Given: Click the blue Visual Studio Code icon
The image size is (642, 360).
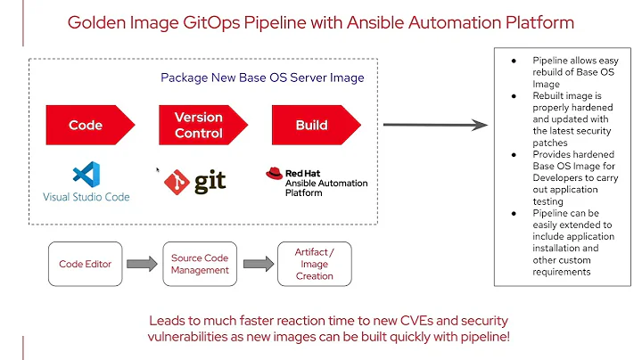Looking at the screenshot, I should (x=86, y=174).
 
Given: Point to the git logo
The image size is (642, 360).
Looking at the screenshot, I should (x=195, y=181).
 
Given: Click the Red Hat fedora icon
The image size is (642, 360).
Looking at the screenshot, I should (x=274, y=174).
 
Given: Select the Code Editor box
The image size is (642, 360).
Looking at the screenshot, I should (x=84, y=264).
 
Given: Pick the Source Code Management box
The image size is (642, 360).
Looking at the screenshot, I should (x=200, y=264).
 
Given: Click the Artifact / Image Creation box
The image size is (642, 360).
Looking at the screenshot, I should (x=314, y=264).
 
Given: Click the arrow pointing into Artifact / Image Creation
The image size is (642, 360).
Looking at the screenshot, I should (x=257, y=264).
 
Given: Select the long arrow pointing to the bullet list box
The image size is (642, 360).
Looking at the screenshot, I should (x=436, y=126).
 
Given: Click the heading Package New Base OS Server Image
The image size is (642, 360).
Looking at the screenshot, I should (x=262, y=78).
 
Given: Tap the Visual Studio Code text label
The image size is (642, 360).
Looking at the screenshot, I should (x=86, y=196).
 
